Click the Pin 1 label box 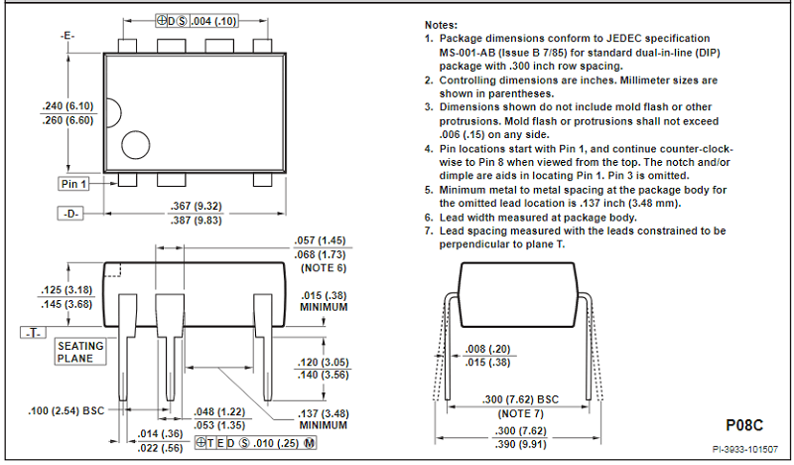[73, 184]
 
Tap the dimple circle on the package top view [136, 144]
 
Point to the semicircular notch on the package [114, 112]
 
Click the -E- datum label [67, 36]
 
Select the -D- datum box [70, 214]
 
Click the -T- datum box [33, 333]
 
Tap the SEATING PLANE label [80, 352]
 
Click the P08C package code [743, 425]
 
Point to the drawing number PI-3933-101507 [745, 449]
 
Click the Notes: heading [441, 25]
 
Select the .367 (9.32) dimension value [196, 206]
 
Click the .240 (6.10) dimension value [67, 106]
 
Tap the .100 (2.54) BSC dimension [66, 410]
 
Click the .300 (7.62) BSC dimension [520, 399]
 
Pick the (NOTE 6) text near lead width [324, 267]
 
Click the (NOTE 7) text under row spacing [520, 413]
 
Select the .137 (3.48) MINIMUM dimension [324, 419]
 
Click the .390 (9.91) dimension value [520, 445]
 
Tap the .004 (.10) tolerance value [213, 21]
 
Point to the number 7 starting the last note [428, 231]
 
